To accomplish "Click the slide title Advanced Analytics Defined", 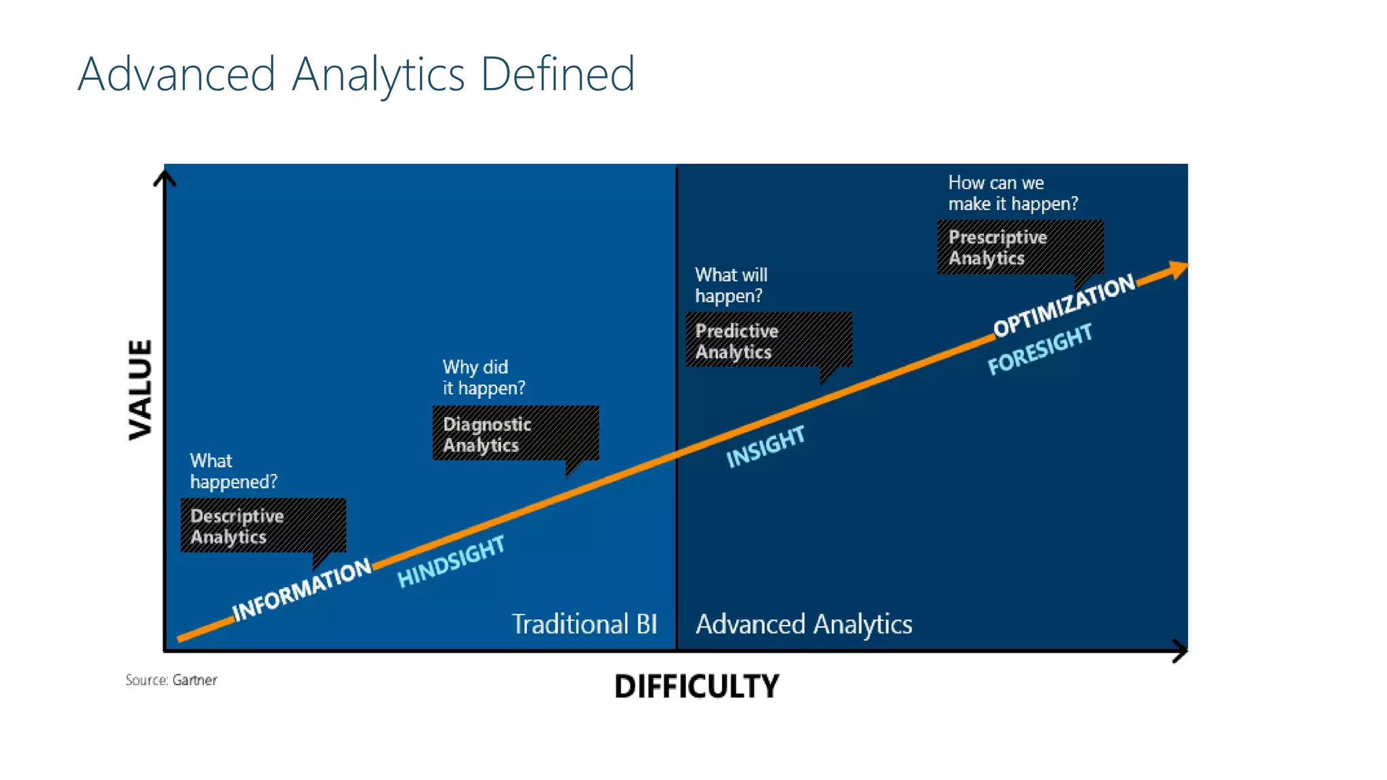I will (356, 74).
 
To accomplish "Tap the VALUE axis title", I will (140, 390).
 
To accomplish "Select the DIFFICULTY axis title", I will (697, 686).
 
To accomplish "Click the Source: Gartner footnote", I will (171, 680).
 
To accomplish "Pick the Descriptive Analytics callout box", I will (263, 526).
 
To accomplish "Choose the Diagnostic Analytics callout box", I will (515, 433).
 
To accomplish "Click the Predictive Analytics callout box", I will (769, 340).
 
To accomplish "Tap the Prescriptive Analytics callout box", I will (1020, 247).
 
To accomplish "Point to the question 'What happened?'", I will (234, 471).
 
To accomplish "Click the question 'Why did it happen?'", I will (484, 378).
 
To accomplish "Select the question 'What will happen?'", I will (731, 285).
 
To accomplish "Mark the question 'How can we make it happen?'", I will (1013, 193).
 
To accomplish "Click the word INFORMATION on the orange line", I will (302, 590).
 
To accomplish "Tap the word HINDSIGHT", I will (451, 561).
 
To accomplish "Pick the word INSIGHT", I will (765, 447).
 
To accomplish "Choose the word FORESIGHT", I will (1040, 349).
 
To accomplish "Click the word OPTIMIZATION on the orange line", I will (1064, 305).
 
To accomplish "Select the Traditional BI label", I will (584, 624).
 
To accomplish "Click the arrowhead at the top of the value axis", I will (165, 177).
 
